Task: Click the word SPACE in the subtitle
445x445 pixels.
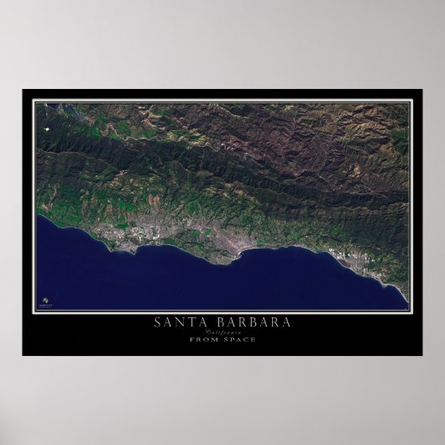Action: (240, 339)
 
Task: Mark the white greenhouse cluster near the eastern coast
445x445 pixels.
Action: (346, 251)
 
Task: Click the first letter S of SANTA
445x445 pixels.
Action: (157, 322)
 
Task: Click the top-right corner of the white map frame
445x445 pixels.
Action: (411, 101)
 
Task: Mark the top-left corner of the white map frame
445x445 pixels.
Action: (34, 101)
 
